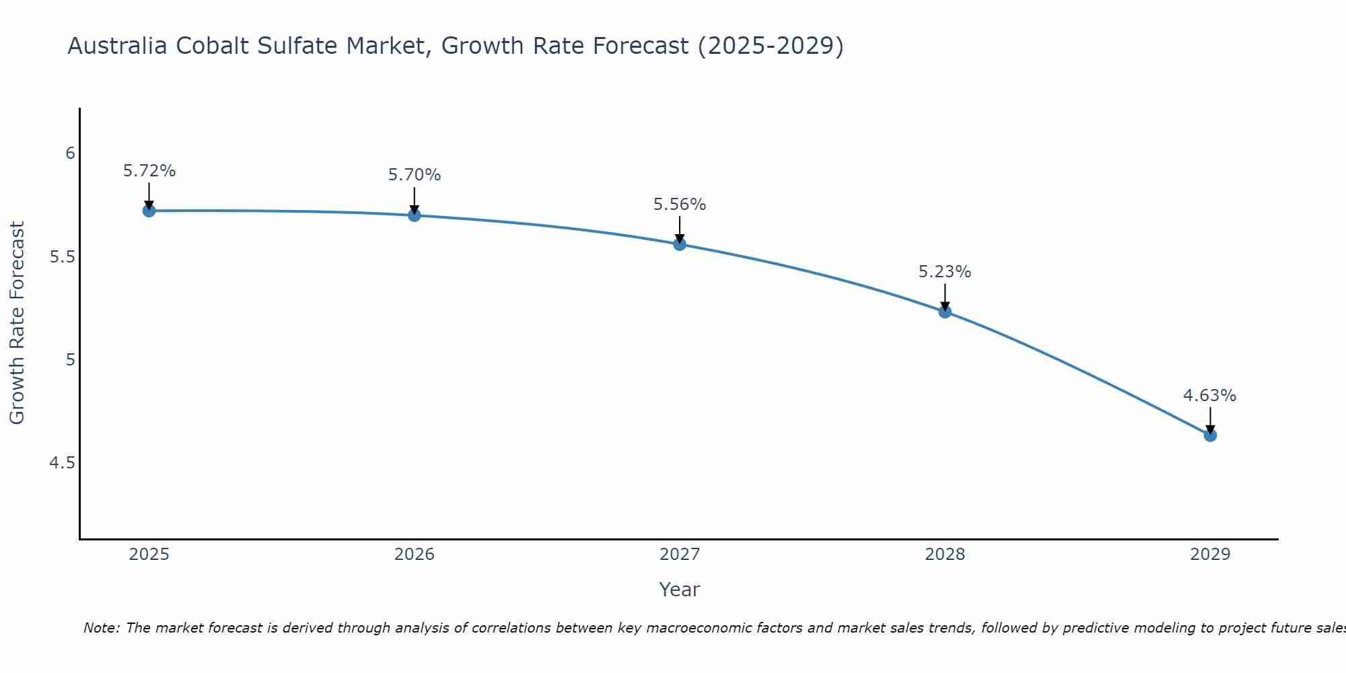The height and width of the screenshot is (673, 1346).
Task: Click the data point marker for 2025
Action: click(x=149, y=211)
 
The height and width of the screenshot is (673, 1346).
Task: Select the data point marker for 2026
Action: click(x=415, y=215)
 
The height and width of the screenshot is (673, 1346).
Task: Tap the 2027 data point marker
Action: click(x=680, y=244)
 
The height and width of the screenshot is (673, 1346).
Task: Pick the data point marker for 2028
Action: click(x=945, y=312)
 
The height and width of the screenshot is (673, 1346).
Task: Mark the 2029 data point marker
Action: click(x=1210, y=435)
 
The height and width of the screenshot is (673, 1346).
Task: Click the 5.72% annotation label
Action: click(x=149, y=171)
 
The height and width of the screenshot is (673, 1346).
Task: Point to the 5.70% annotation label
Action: click(x=415, y=175)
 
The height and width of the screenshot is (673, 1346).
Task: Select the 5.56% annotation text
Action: click(x=680, y=205)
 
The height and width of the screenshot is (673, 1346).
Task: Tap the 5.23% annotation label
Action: click(x=945, y=272)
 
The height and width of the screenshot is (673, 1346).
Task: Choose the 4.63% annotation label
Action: click(x=1210, y=396)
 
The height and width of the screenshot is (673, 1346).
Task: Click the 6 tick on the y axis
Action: click(x=70, y=153)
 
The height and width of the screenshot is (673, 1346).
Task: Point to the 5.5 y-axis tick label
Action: click(x=63, y=257)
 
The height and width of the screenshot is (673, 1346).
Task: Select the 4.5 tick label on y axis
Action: click(x=63, y=463)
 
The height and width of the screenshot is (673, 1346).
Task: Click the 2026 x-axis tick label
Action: click(x=415, y=555)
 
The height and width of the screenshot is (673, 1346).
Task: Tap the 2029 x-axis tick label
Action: click(x=1210, y=555)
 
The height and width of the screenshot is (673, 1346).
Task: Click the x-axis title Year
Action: click(x=680, y=590)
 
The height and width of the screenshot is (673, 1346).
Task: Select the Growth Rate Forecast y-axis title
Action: click(x=17, y=323)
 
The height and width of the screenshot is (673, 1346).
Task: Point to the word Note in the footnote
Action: click(x=100, y=628)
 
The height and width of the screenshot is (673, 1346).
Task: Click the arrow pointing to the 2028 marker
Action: click(x=945, y=296)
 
